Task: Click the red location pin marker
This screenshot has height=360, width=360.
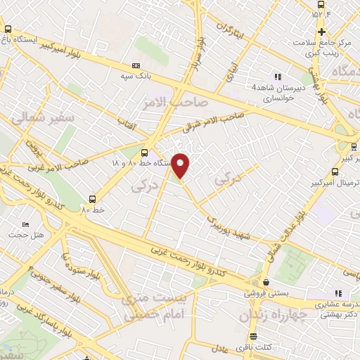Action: [181, 165]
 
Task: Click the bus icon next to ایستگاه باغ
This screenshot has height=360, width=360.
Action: [8, 29]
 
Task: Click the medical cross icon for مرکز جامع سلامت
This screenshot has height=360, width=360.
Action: [321, 32]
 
